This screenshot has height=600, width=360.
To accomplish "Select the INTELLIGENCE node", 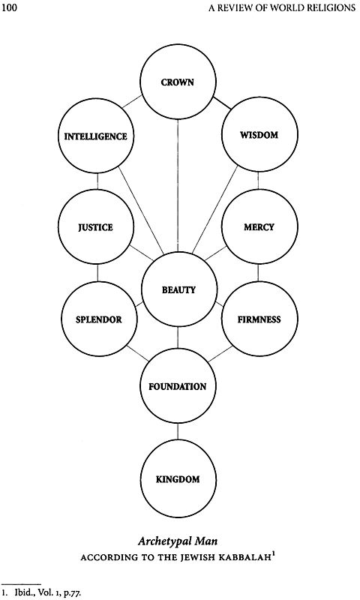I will pos(96,136).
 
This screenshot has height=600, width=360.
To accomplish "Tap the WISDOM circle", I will pos(259,136).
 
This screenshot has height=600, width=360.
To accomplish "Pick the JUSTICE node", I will pos(96,227).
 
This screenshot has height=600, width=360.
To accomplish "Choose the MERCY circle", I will pos(259,227).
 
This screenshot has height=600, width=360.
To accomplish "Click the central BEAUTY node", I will pos(178,289).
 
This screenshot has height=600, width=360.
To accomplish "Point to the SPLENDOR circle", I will pos(96,319).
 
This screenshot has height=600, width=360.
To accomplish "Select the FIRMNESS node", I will pos(259,319).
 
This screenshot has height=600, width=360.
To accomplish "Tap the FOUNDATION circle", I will pos(178,387).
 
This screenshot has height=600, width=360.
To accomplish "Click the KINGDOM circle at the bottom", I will pos(178,478).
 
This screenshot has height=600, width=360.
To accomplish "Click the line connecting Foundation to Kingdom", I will pos(178,433).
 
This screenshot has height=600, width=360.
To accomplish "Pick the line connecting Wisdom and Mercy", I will pos(259,181).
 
